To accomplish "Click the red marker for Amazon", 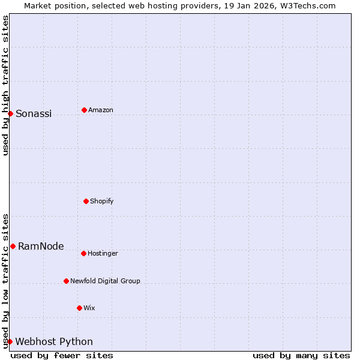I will click(84, 110).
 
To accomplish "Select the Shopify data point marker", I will click(86, 201).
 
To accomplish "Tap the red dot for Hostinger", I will click(83, 253).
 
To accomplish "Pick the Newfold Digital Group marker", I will click(66, 281).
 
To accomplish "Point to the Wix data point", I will click(79, 308).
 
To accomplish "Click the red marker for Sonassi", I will click(10, 113).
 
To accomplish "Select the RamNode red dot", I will click(13, 246).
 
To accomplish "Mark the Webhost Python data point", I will click(10, 341).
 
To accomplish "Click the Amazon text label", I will click(101, 110).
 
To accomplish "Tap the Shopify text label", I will click(102, 201).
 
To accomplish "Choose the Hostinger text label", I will click(103, 253).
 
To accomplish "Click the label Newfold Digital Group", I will click(105, 281).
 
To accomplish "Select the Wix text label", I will click(89, 308).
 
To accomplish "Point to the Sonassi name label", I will click(34, 113).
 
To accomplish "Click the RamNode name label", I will click(41, 246).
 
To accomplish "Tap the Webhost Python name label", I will click(54, 341).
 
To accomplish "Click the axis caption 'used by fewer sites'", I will click(62, 355).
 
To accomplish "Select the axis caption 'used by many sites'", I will click(301, 355).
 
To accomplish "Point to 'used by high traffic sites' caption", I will click(5, 85).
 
